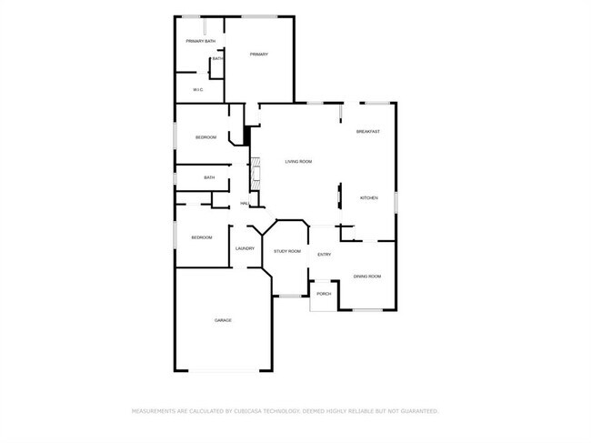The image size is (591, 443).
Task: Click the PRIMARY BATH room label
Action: click(x=201, y=41)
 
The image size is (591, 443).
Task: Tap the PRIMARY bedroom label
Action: click(x=259, y=55)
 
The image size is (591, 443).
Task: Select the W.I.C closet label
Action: click(x=197, y=89)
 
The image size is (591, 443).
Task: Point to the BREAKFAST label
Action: click(x=367, y=132)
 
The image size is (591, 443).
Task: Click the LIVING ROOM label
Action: click(x=298, y=162)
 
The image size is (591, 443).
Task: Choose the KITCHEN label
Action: click(x=368, y=197)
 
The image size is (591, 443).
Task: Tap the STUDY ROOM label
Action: click(x=287, y=251)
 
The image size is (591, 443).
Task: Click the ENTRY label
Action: click(x=324, y=254)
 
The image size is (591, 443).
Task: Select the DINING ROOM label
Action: click(x=366, y=276)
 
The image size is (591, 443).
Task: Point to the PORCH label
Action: click(x=324, y=294)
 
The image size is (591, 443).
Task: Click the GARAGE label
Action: click(x=223, y=320)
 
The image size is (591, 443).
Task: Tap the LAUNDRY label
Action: click(x=245, y=248)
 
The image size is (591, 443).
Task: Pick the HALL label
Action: click(x=245, y=203)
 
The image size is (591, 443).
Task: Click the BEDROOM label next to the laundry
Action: click(x=201, y=237)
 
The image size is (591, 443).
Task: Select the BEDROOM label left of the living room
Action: click(x=206, y=136)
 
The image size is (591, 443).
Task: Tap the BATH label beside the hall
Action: click(x=209, y=177)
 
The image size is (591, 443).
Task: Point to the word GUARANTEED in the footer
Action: click(x=416, y=411)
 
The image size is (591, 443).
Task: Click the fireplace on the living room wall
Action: click(x=255, y=173)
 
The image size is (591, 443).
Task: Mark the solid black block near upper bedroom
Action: click(x=246, y=135)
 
